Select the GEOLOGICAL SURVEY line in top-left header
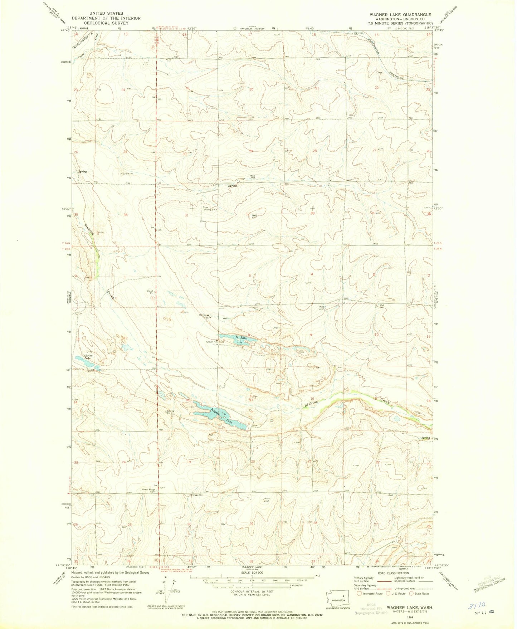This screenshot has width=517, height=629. (x=106, y=23)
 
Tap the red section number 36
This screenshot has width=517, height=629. (x=125, y=215)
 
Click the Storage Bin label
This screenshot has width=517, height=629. (x=196, y=495)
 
